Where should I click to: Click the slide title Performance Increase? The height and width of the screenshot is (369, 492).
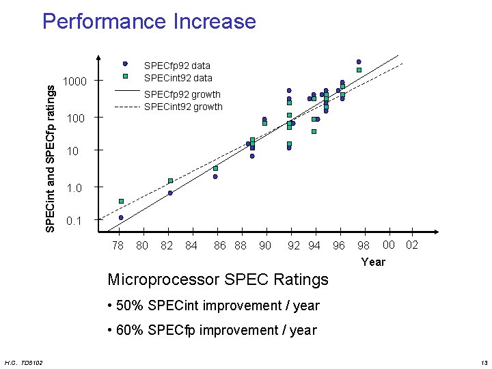149,21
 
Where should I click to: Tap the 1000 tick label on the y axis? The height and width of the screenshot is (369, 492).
74,82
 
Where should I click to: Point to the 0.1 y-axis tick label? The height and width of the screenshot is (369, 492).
74,221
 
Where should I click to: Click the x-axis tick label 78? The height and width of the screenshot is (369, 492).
118,245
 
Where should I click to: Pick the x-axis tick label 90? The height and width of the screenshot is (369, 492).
265,245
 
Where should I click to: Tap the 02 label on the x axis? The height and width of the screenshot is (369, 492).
412,245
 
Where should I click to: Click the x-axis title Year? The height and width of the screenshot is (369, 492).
373,262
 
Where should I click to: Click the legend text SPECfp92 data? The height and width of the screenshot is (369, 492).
177,66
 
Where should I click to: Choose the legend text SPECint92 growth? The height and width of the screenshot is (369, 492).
183,107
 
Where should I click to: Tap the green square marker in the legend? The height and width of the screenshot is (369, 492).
125,77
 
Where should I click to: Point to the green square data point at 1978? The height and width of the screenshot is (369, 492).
121,201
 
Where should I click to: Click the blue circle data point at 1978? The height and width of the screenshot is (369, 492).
121,217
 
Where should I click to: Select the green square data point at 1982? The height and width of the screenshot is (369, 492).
170,180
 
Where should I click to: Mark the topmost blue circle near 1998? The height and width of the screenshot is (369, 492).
359,61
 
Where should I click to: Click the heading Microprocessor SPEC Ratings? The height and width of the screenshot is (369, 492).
218,279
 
